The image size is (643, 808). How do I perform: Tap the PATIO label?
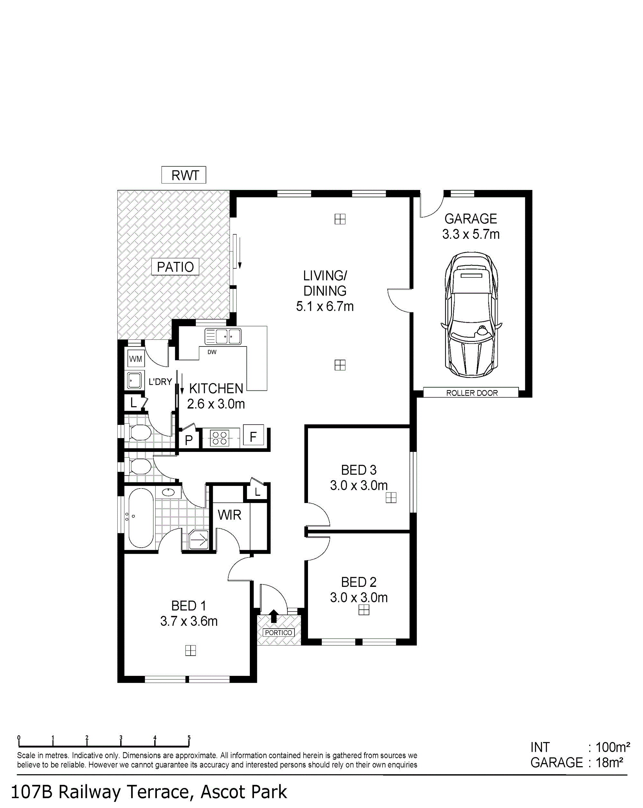175,267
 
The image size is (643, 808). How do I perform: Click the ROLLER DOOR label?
472,393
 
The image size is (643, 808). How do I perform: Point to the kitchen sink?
223,336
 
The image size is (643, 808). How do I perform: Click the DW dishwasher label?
212,352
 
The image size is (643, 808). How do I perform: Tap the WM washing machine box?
135,359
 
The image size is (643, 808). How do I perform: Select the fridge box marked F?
253,435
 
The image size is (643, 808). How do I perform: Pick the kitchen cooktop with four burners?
220,438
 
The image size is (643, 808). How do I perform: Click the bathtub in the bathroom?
141,517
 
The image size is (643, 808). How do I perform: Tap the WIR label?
230,515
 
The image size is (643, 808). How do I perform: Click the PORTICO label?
278,633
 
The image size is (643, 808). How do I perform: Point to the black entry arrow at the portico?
274,616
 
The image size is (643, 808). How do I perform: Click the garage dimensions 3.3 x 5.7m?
471,234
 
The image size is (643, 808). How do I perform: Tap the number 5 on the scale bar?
189,738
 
